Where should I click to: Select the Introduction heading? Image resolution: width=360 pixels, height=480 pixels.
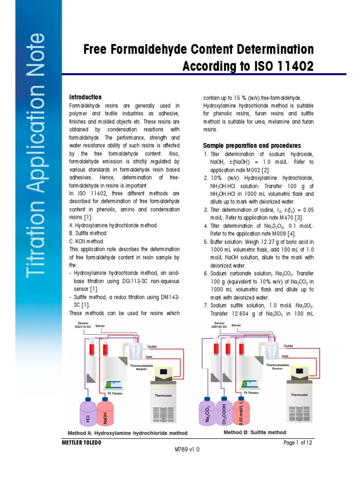(85, 97)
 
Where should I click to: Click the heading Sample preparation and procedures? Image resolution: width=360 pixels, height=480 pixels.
(252, 146)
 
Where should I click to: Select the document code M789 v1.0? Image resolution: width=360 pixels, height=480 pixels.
(187, 449)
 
